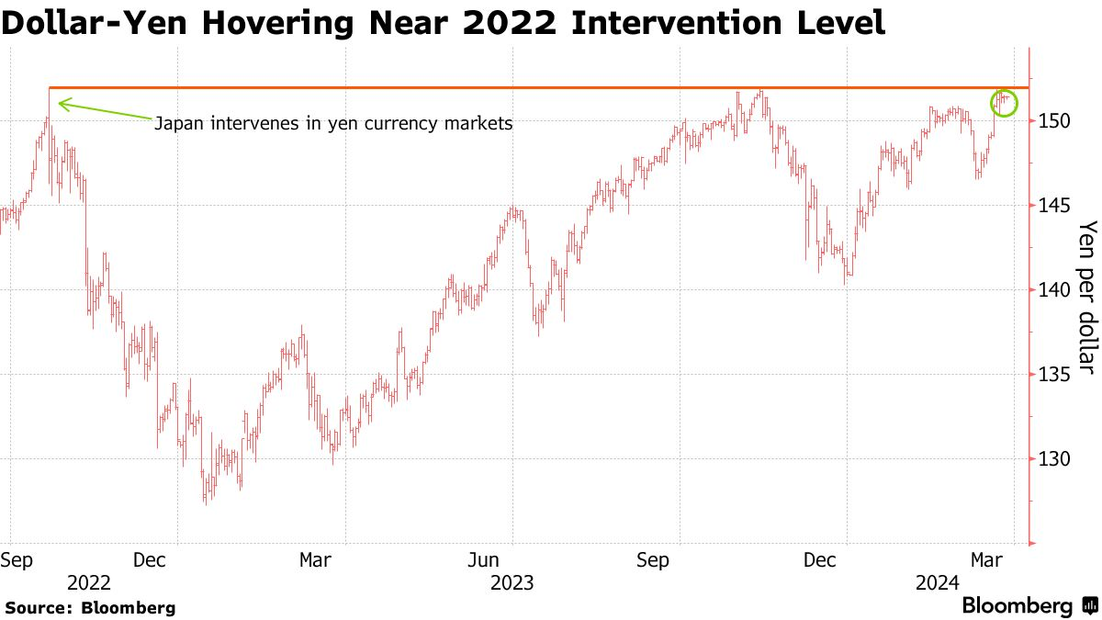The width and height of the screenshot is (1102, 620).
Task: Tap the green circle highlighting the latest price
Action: pyautogui.click(x=1005, y=102)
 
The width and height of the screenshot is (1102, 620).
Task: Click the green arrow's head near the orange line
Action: pyautogui.click(x=62, y=103)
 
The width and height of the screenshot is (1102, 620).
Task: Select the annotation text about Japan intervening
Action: pyautogui.click(x=332, y=122)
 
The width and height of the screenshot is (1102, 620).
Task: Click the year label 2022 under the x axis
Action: pyautogui.click(x=88, y=582)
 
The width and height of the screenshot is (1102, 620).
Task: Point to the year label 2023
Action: pyautogui.click(x=512, y=582)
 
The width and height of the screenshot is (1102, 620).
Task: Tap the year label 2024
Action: pyautogui.click(x=936, y=582)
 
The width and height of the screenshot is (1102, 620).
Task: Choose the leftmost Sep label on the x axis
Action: pyautogui.click(x=17, y=558)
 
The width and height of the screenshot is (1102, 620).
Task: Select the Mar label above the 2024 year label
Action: pyautogui.click(x=987, y=558)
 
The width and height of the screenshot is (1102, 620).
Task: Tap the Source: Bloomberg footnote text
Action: pyautogui.click(x=90, y=607)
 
